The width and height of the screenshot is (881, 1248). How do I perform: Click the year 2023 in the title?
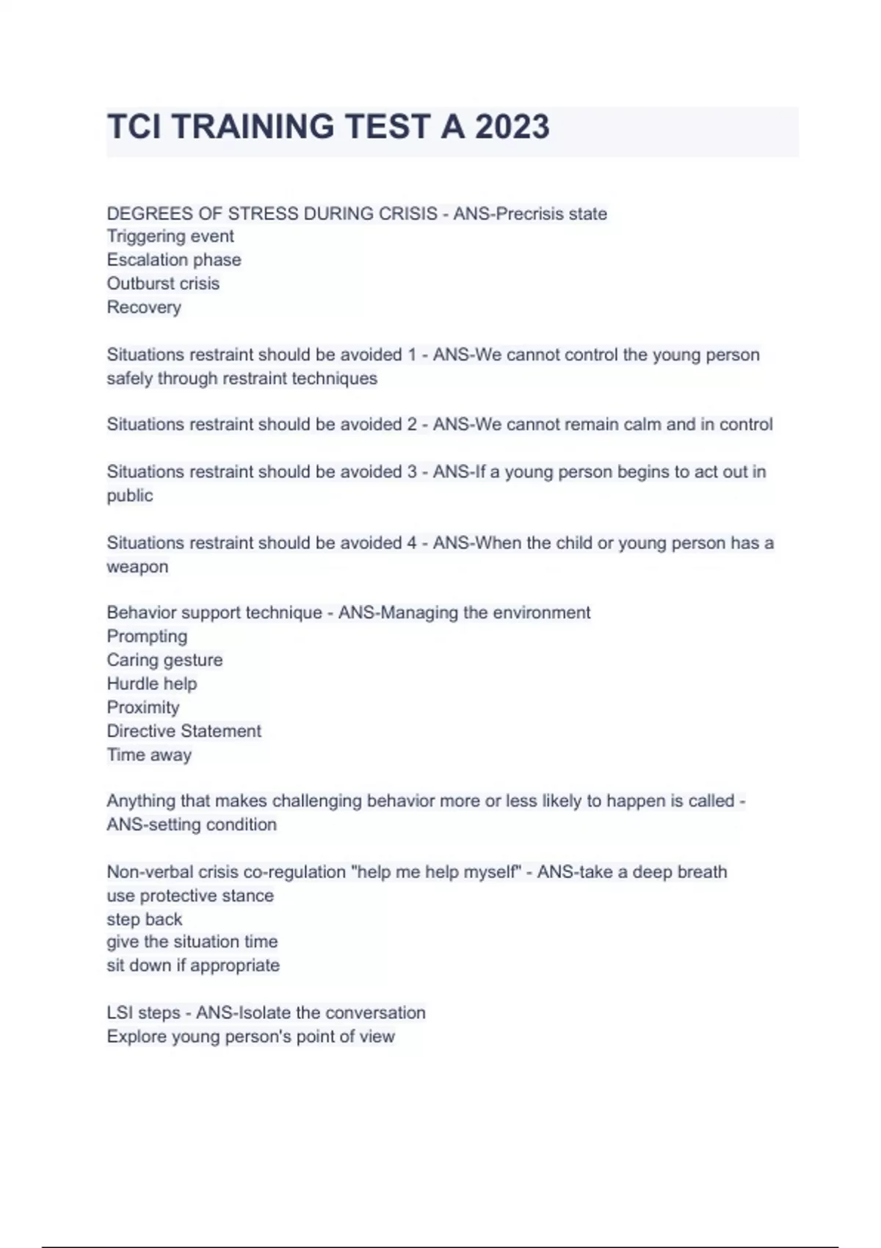coord(512,127)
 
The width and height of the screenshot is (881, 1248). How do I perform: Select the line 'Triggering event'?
coord(170,236)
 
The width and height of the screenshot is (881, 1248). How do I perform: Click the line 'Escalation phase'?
coord(174,260)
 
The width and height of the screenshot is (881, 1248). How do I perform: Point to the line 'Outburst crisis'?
coord(163,283)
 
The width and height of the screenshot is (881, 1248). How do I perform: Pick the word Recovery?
coord(144,307)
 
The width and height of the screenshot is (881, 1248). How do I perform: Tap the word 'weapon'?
coord(137,567)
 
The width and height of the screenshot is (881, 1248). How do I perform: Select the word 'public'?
coord(130,496)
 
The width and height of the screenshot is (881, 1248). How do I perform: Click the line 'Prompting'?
coord(147,636)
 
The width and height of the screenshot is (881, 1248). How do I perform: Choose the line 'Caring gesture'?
coord(164,660)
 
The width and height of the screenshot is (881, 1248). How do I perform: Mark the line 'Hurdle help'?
coord(152,683)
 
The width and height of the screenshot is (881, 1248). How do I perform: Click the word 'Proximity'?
coord(143,707)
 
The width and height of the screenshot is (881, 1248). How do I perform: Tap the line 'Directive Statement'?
coord(184,731)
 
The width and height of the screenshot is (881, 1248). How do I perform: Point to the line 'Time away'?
coord(149,755)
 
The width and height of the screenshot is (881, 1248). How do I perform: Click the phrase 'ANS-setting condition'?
coord(192,824)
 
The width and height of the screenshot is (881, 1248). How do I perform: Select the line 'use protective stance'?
coord(190,896)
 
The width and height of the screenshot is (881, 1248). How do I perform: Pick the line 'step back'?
coord(145,919)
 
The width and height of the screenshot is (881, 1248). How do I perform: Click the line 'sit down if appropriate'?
coord(193,965)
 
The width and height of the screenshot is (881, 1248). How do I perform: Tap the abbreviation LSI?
coord(120,1013)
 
